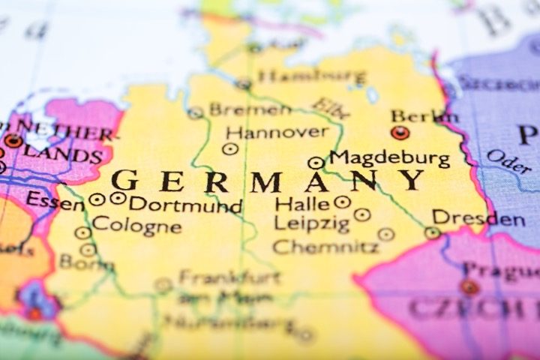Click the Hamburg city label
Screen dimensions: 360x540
tap(311, 76)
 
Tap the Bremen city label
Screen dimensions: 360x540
tap(250, 110)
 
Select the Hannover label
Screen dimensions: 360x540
tap(277, 133)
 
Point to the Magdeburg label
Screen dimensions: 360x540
tap(390, 159)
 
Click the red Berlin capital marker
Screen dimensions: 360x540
tap(400, 133)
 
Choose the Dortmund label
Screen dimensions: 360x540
tap(185, 204)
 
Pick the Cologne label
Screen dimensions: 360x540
tap(136, 225)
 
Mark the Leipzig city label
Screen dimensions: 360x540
tap(312, 223)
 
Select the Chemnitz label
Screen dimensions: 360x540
tap(325, 246)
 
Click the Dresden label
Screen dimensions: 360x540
tap(478, 219)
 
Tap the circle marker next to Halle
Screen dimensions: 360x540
tap(342, 202)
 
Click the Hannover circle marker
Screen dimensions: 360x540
tap(230, 148)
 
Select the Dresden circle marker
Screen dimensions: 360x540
tap(432, 232)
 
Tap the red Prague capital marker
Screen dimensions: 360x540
tap(469, 286)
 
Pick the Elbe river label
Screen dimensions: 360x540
tap(331, 108)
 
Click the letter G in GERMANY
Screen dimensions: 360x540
tap(124, 181)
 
